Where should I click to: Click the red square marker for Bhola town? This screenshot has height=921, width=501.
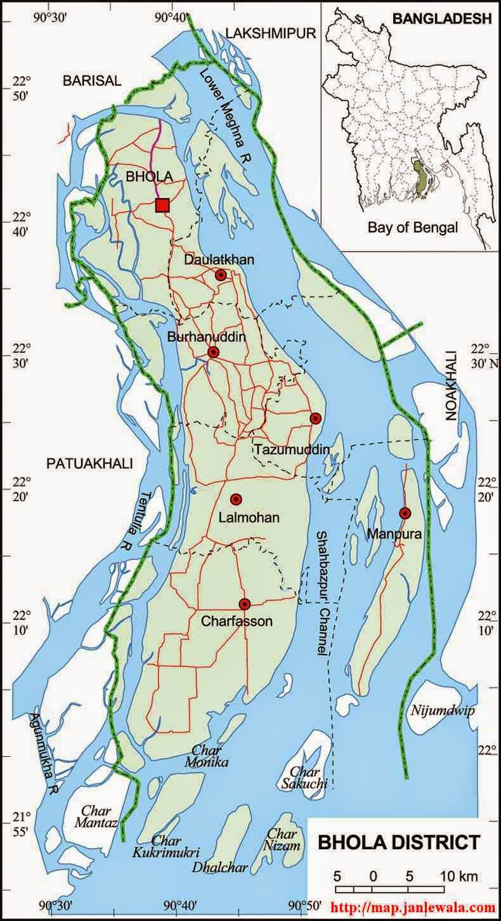[162, 205]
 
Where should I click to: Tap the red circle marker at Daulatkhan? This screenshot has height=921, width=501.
[221, 275]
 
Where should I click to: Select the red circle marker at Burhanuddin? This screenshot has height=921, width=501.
[214, 352]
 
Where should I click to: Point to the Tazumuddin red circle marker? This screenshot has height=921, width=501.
[315, 418]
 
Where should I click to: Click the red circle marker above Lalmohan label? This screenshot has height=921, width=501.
[236, 499]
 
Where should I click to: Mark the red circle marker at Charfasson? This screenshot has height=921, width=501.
[245, 604]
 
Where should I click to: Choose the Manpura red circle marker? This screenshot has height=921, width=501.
[405, 513]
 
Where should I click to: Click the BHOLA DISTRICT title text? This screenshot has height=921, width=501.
[399, 842]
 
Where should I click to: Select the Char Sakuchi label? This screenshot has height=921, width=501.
[308, 778]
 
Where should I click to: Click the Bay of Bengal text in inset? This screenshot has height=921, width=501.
[413, 228]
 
